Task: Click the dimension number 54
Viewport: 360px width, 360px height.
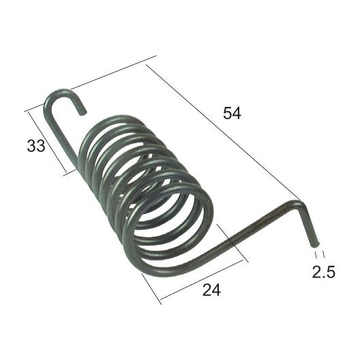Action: [x=232, y=114]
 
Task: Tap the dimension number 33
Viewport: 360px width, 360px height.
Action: [x=36, y=145]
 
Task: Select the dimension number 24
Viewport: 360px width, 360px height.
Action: [x=211, y=290]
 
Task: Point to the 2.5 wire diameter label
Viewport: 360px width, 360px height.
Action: [x=323, y=272]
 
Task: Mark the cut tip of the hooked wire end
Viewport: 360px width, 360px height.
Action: [x=82, y=110]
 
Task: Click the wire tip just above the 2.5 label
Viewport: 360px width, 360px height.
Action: [x=316, y=242]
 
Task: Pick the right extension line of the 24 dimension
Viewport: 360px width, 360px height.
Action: [x=232, y=242]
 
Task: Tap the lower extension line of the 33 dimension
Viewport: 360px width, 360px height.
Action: [x=72, y=171]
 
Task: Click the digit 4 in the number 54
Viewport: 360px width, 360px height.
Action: [x=237, y=114]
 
